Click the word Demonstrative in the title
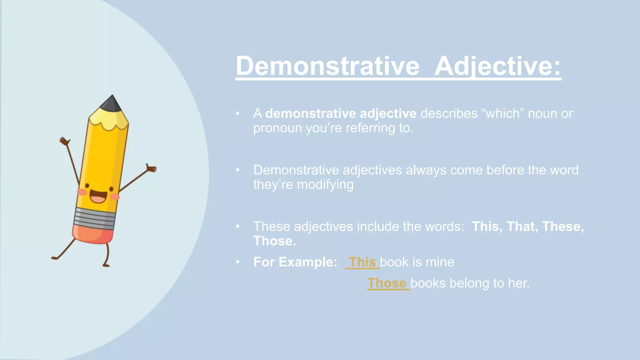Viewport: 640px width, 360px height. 327,66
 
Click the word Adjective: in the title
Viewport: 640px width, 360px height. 497,66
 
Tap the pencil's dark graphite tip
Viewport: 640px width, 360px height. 112,104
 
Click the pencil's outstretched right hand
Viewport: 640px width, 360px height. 152,169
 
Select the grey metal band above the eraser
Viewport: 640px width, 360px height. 95,218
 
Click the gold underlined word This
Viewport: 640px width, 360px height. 362,262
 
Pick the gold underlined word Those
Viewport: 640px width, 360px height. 387,283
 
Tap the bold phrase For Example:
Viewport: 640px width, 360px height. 295,262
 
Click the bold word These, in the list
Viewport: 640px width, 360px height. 562,226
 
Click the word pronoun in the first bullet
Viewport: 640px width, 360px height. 277,128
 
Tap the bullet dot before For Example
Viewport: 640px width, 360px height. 238,262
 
